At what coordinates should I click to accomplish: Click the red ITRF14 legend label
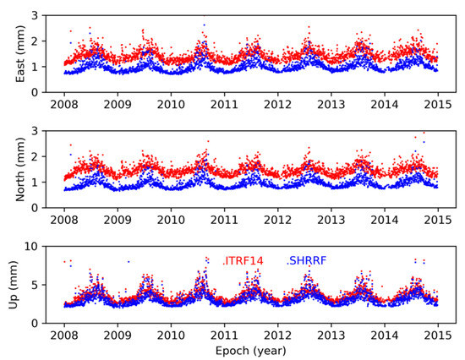(x=243, y=260)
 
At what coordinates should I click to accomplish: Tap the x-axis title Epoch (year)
(x=250, y=351)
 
